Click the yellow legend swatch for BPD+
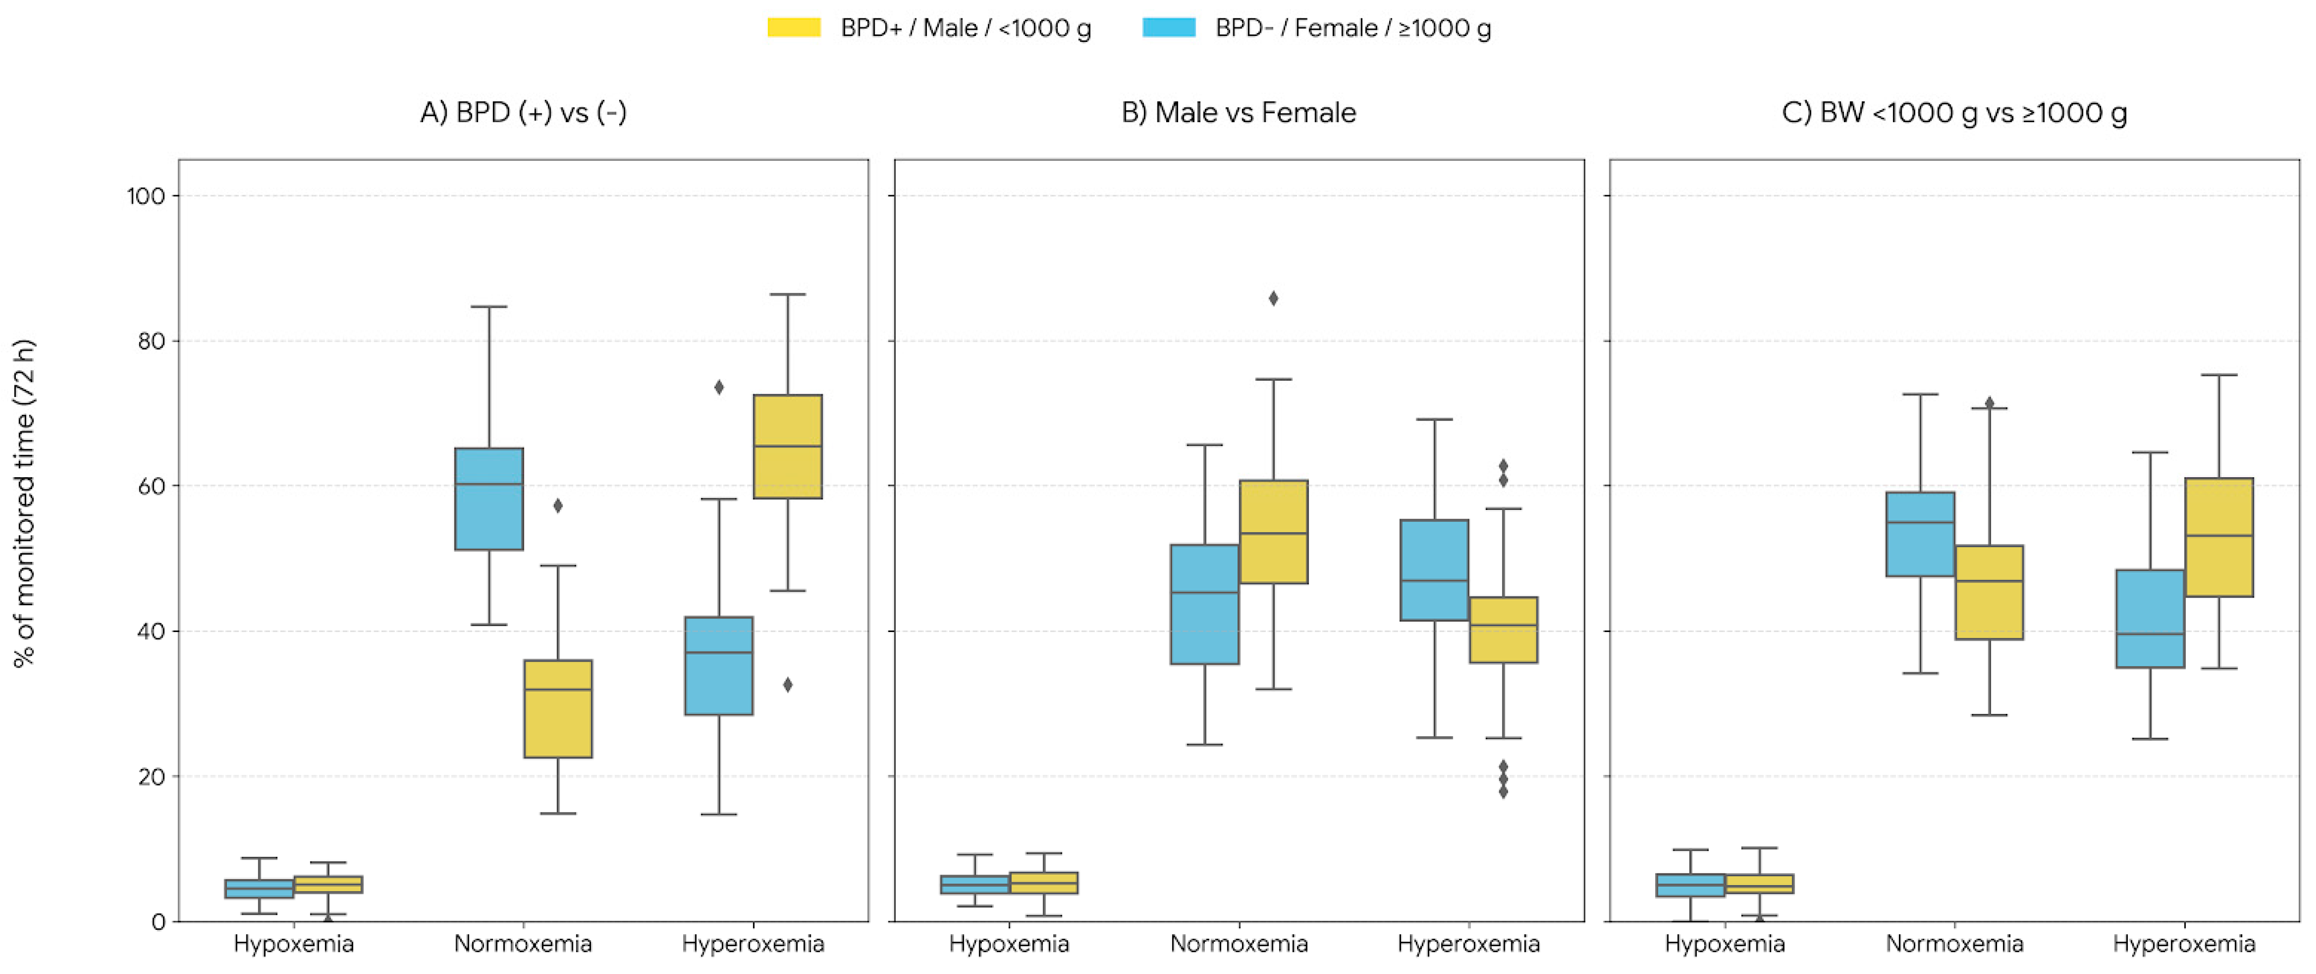(793, 28)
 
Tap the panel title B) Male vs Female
(1238, 112)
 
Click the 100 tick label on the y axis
(146, 196)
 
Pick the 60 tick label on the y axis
(151, 486)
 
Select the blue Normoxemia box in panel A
(489, 498)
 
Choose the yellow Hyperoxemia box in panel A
(788, 446)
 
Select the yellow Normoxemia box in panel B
(1273, 532)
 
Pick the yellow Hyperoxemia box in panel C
(2219, 537)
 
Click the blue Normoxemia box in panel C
(1920, 533)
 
